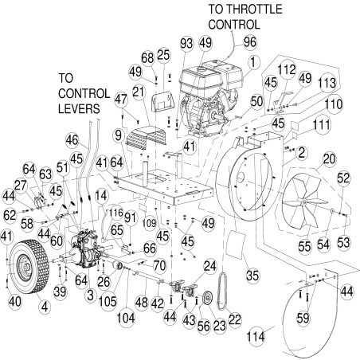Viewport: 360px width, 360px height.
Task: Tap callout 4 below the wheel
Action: pyautogui.click(x=43, y=304)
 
